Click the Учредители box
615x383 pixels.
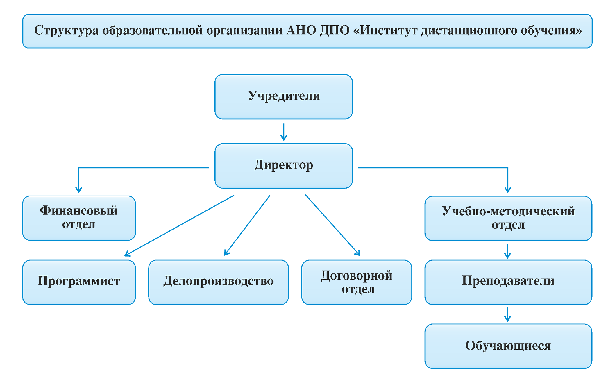click(x=284, y=96)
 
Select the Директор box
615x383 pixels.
click(x=284, y=166)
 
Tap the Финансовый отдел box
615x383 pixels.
click(x=79, y=218)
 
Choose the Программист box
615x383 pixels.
click(x=79, y=282)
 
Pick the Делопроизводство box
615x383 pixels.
click(x=219, y=282)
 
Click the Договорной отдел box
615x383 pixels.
click(x=357, y=282)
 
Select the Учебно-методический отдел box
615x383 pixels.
click(x=508, y=218)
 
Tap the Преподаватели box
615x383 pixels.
click(x=508, y=282)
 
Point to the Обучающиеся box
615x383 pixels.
click(x=508, y=346)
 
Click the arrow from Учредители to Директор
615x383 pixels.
click(x=284, y=132)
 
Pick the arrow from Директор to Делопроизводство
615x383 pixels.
click(x=247, y=225)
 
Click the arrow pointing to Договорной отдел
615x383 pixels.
click(x=333, y=225)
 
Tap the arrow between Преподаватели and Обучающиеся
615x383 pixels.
click(x=507, y=314)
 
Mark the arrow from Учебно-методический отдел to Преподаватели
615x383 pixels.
click(x=507, y=251)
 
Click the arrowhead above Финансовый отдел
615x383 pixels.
click(x=79, y=190)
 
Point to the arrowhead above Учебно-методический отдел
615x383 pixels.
click(x=508, y=190)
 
